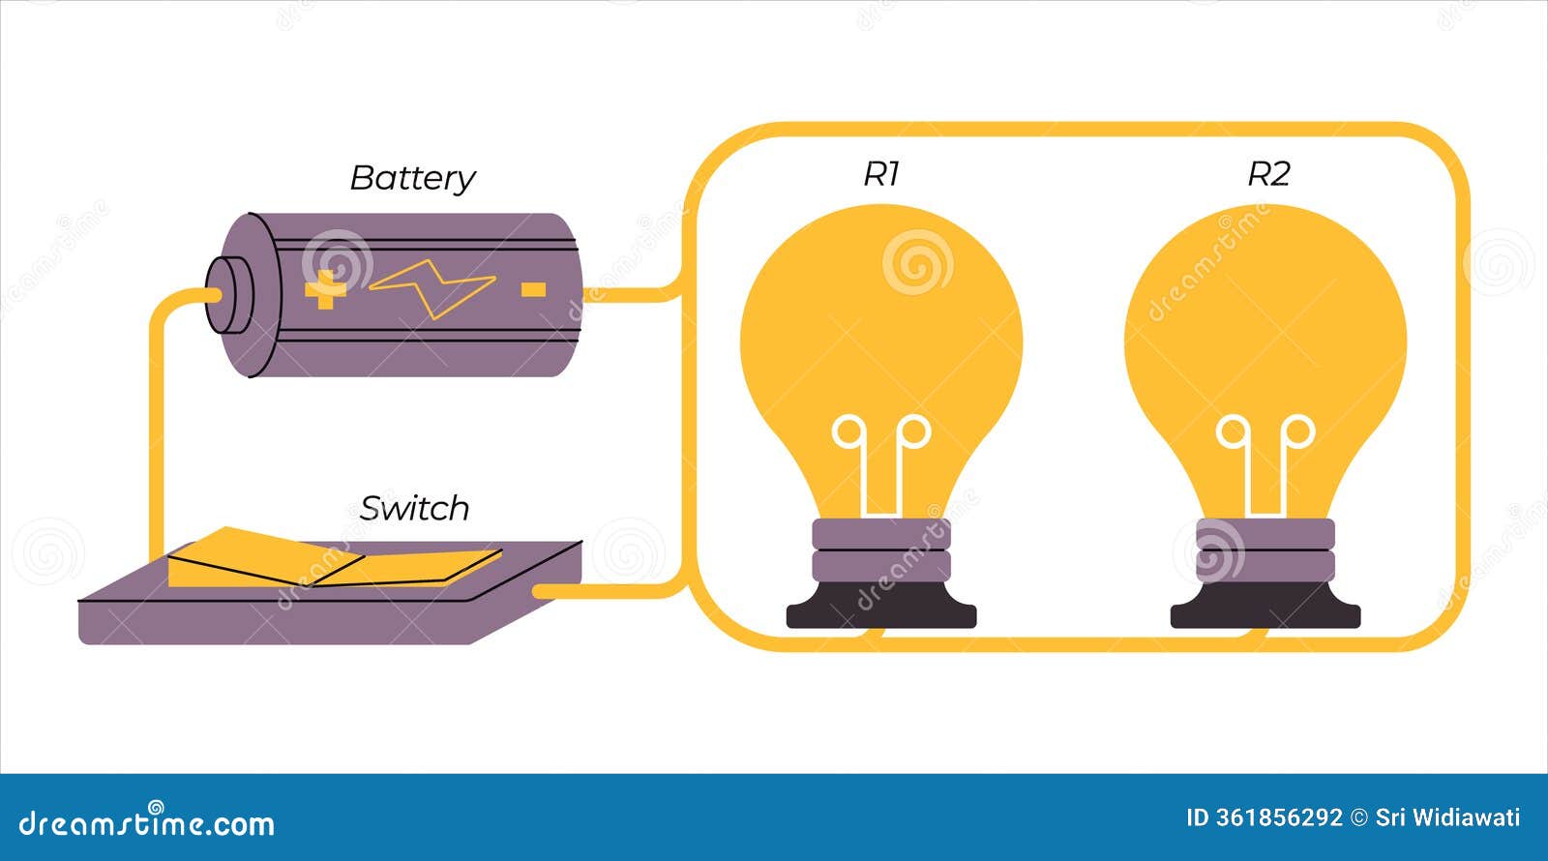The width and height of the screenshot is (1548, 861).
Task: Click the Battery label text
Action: (412, 179)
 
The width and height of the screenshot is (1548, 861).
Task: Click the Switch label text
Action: (414, 509)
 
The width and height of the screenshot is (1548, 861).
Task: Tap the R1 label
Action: (881, 174)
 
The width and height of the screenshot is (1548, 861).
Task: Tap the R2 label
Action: (1268, 174)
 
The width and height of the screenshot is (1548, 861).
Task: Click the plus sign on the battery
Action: (325, 289)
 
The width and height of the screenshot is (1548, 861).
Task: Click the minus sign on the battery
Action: (533, 289)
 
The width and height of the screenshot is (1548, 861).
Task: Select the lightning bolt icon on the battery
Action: (432, 288)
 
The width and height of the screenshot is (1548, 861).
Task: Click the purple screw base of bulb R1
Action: (881, 550)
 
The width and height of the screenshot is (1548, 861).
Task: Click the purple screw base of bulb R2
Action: (1265, 550)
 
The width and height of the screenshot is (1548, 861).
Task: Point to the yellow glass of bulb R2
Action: (1265, 319)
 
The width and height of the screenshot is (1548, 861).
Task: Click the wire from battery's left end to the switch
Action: (155, 426)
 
